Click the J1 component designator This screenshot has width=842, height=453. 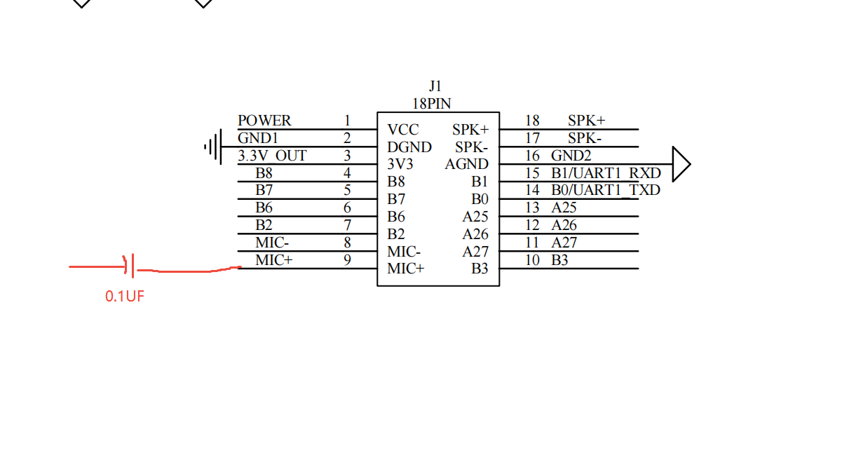tap(435, 86)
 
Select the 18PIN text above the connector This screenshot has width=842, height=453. tap(432, 103)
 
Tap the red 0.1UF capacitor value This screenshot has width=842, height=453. tap(125, 297)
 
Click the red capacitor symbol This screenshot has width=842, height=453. tap(130, 267)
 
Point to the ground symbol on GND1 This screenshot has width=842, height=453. tap(213, 147)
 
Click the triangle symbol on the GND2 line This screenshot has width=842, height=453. tap(681, 164)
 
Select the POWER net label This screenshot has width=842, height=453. tap(264, 121)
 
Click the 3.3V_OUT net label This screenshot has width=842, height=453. tap(272, 156)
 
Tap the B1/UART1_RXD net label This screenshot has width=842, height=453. tap(606, 173)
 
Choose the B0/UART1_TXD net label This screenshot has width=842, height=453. tap(606, 189)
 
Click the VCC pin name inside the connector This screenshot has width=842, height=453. tap(402, 130)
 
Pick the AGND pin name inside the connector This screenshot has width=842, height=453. tap(466, 164)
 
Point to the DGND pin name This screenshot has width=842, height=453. tap(409, 147)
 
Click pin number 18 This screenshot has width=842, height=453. tap(532, 121)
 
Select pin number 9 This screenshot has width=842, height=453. tap(347, 260)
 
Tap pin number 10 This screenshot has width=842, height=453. tap(532, 260)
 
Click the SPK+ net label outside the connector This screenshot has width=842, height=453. tap(586, 121)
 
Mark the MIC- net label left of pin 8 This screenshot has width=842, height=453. tap(272, 243)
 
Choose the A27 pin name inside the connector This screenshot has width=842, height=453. tap(475, 251)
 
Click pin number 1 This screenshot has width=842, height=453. tap(347, 121)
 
